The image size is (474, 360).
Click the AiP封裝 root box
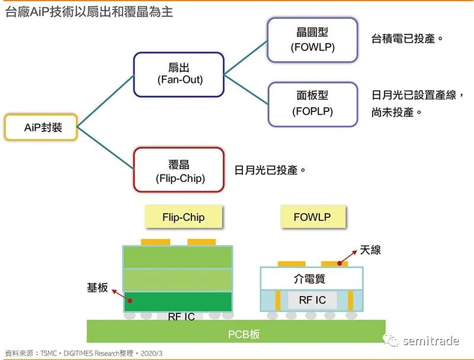41,127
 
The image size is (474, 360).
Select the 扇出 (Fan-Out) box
178,74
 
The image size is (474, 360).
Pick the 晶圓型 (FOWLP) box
312,40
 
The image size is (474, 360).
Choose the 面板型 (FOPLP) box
312,104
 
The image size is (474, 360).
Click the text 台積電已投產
407,39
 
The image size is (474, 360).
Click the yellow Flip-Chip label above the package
183,217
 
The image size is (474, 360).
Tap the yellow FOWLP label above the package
312,217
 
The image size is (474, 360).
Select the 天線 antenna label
370,250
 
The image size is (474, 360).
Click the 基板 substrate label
98,288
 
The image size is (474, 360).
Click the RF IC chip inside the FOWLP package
312,300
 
